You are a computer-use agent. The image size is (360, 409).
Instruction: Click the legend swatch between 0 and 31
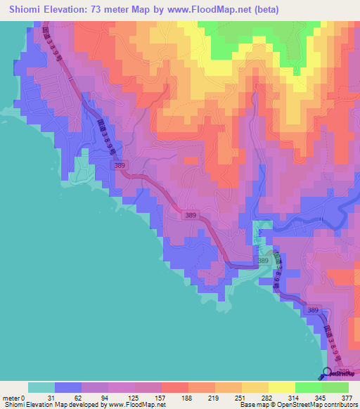(x=41, y=387)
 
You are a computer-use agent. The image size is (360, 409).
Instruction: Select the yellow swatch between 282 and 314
(x=281, y=387)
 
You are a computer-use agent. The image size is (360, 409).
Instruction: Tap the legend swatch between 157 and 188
(x=174, y=387)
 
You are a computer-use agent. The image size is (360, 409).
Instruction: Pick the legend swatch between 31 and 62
(x=67, y=387)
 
